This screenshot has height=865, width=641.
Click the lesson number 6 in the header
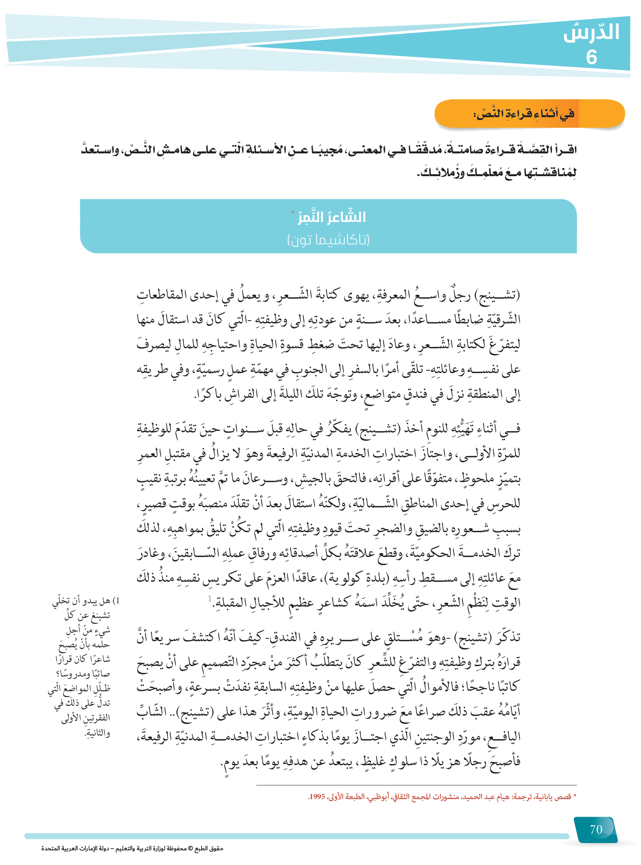[591, 57]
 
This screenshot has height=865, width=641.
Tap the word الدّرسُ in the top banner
[591, 33]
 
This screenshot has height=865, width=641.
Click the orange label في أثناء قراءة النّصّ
[524, 114]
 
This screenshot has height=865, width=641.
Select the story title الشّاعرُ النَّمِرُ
[332, 217]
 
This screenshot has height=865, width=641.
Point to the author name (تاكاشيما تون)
[328, 240]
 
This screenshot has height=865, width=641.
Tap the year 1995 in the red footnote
[317, 797]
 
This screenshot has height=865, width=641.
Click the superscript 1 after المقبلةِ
[210, 598]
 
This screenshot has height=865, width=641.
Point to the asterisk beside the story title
[293, 212]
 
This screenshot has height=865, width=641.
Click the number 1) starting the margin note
[116, 601]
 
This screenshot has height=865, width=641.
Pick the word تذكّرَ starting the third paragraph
[509, 637]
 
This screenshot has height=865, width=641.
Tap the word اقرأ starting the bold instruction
[565, 150]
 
